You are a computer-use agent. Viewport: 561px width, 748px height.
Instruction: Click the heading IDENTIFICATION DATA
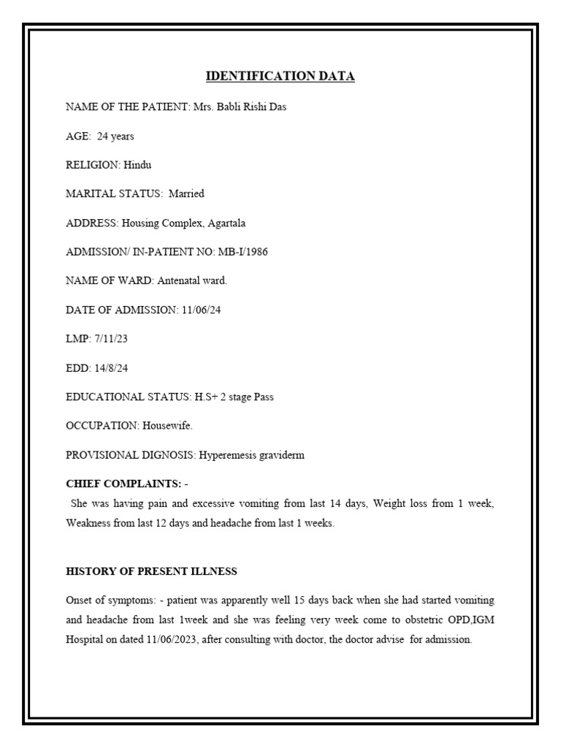pos(280,76)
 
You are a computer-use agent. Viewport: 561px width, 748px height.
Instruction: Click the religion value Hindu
pos(137,165)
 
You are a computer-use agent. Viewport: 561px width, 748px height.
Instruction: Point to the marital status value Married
pos(187,194)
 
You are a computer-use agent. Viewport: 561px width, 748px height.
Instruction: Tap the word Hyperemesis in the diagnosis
pos(225,454)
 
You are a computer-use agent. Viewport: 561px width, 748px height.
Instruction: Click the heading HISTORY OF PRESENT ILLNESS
pos(151,570)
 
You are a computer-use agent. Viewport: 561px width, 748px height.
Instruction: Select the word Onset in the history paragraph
pos(78,600)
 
